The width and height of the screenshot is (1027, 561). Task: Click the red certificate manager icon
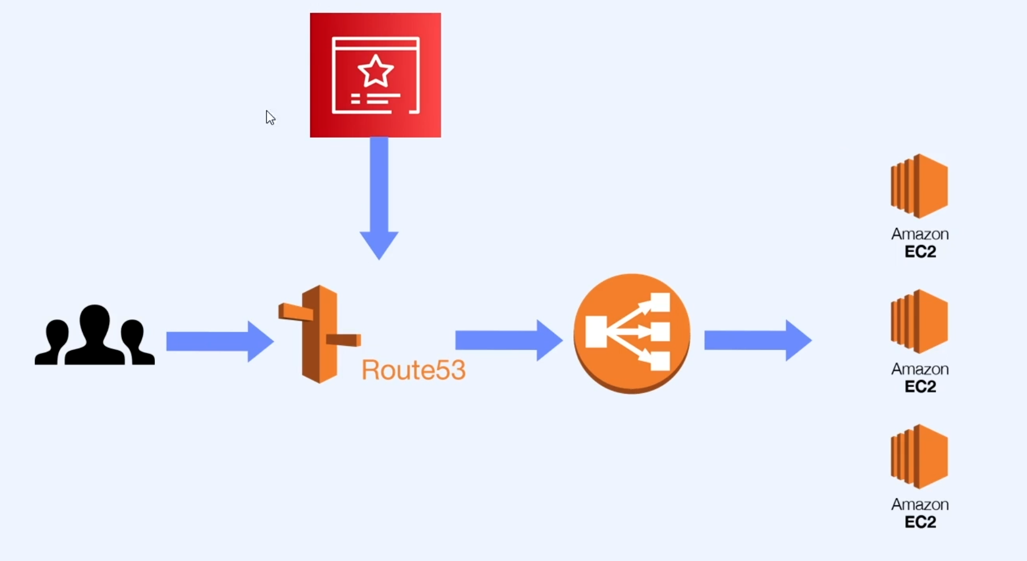[375, 75]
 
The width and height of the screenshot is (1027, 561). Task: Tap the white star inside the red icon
[375, 71]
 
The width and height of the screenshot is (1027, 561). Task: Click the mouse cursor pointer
[270, 117]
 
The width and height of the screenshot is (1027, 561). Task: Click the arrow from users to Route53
[219, 341]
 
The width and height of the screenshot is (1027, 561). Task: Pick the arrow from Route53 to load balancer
[508, 340]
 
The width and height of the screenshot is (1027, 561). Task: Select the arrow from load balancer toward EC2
[757, 340]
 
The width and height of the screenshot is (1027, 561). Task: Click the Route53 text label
[413, 370]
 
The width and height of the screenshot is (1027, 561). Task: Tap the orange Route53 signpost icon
[319, 334]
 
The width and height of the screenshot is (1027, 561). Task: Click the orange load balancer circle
[631, 333]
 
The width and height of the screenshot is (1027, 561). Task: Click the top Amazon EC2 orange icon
[919, 186]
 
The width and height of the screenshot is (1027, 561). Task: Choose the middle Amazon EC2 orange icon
[919, 321]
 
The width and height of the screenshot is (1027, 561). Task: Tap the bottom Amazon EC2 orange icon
[919, 456]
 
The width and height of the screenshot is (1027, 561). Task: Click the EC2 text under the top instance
[920, 251]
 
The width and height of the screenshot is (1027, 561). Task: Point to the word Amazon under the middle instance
[919, 369]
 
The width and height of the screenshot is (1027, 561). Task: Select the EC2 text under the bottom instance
[920, 522]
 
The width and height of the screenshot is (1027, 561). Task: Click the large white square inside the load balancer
[596, 332]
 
